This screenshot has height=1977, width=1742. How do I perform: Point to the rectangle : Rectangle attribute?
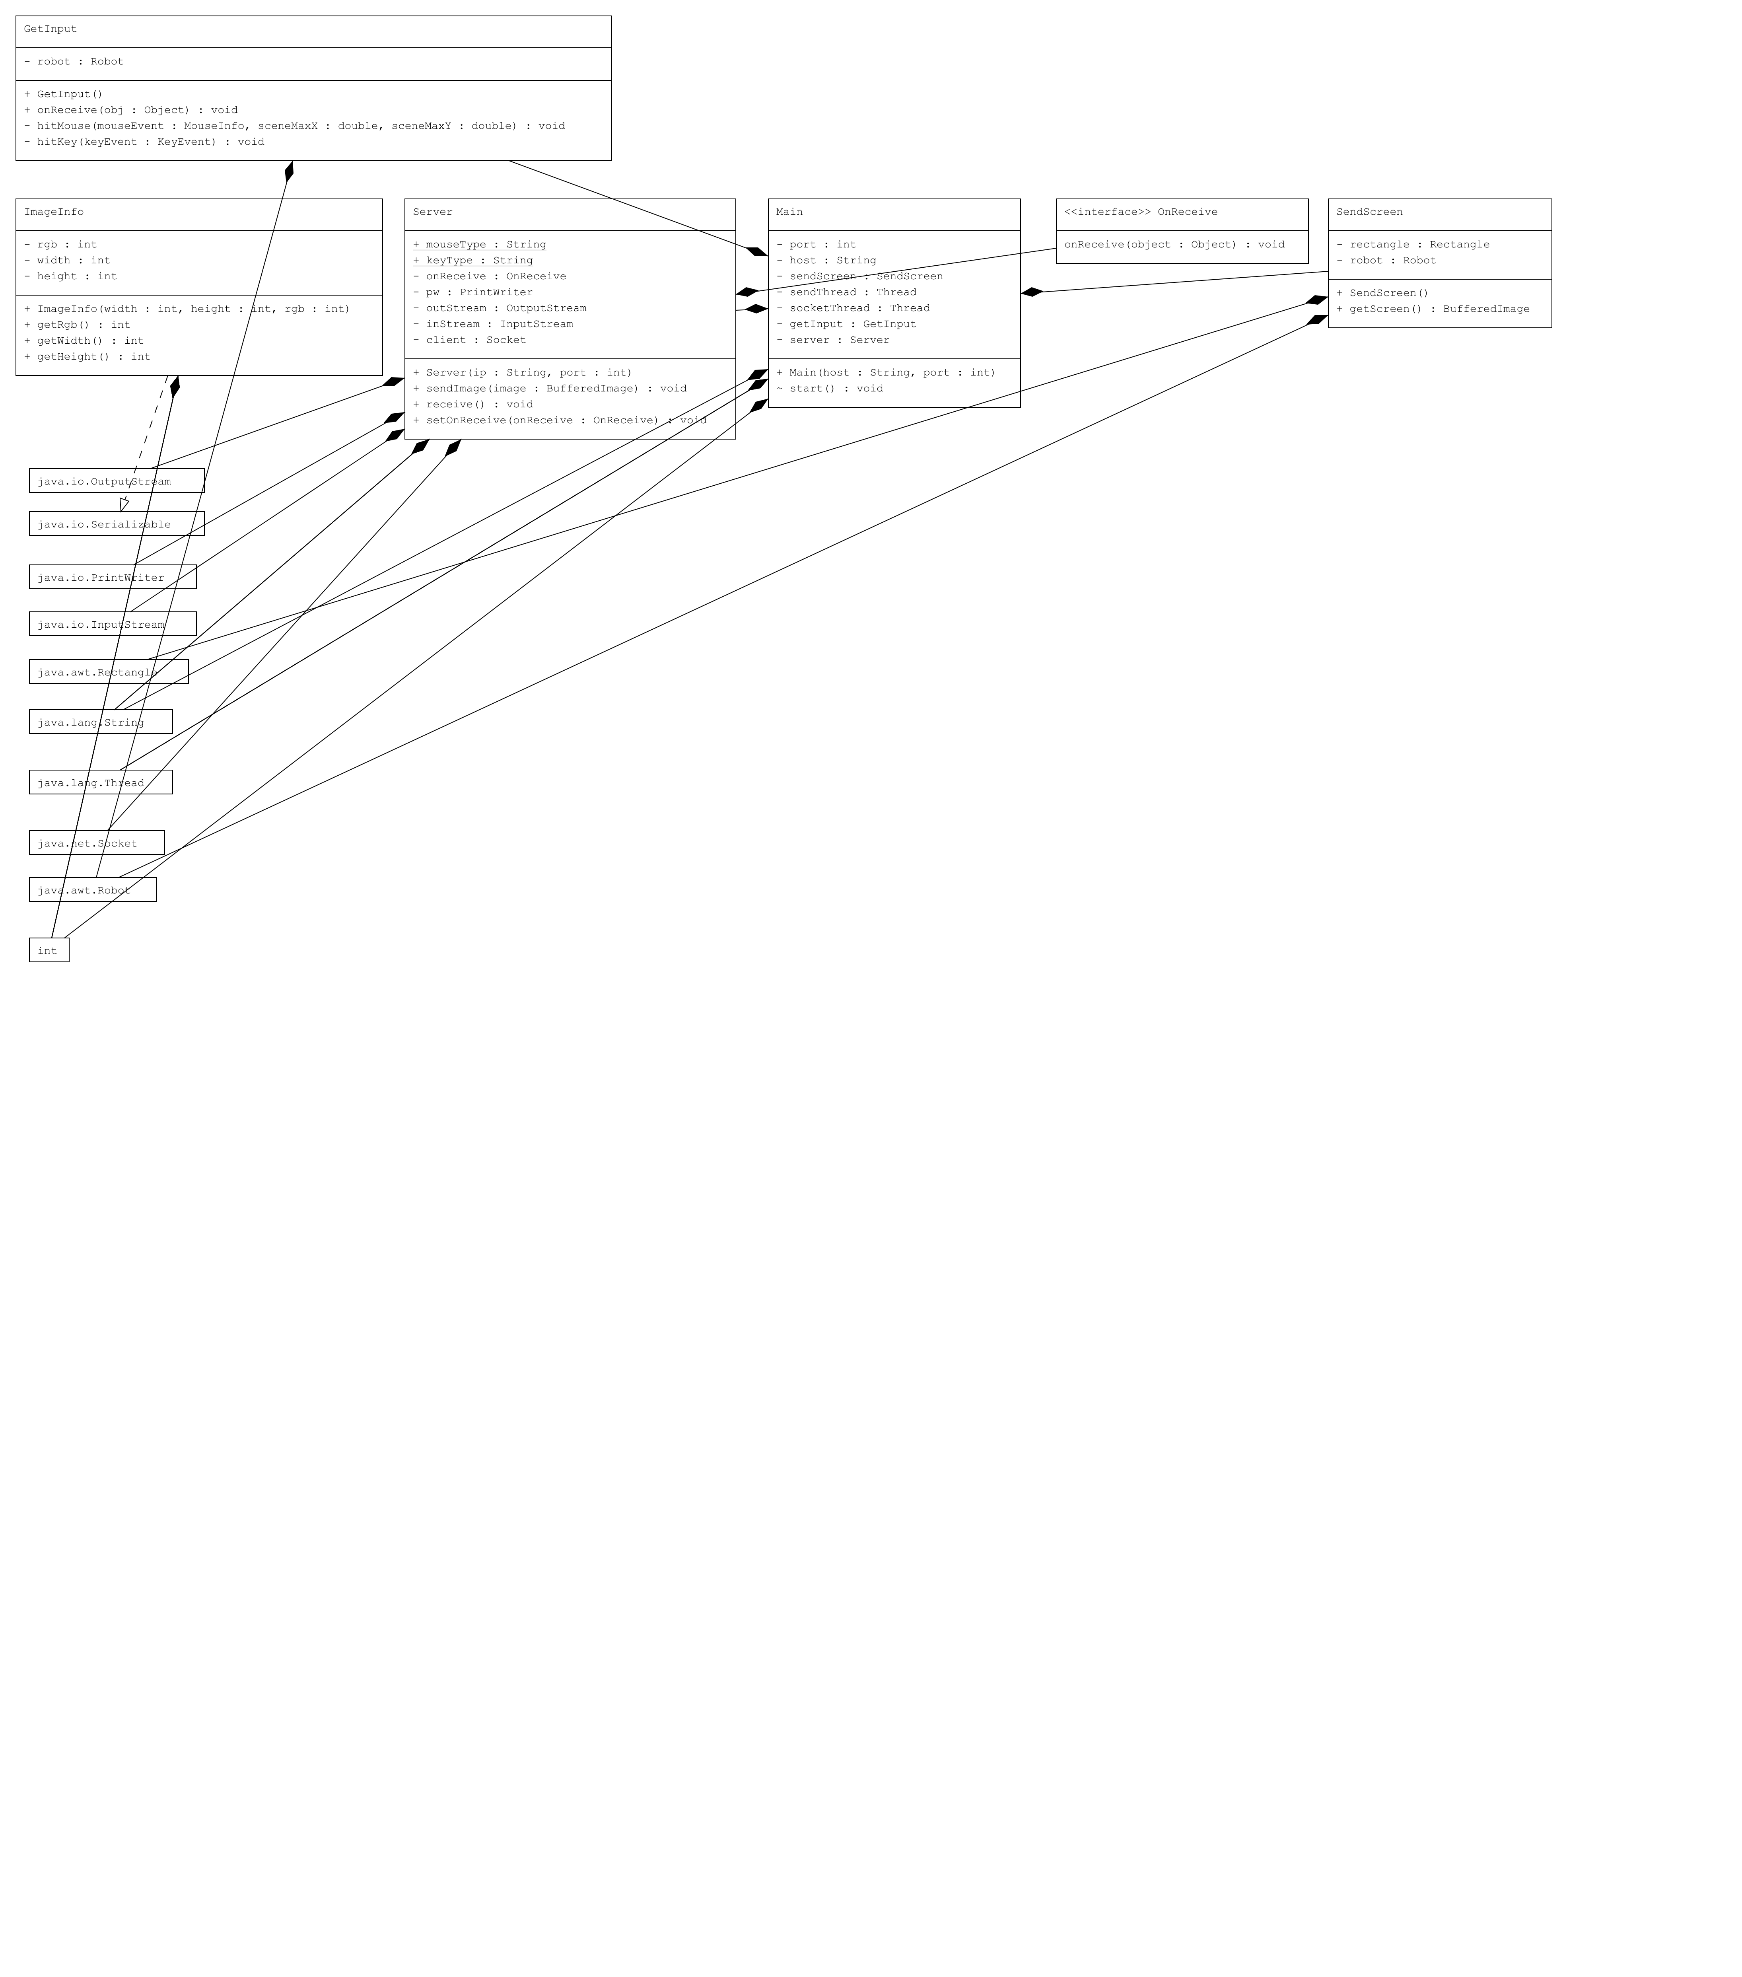click(x=1412, y=245)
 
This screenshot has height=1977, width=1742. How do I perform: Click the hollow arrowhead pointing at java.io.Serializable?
click(x=124, y=504)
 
